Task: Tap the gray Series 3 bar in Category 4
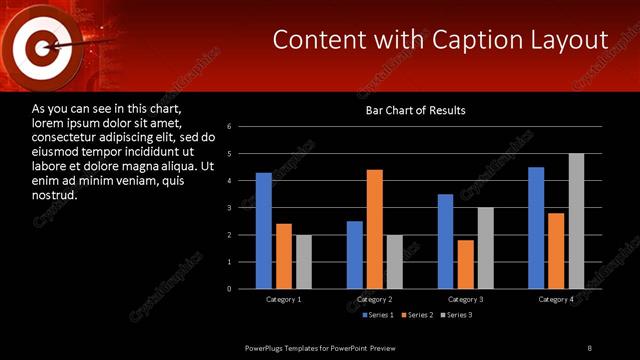point(576,221)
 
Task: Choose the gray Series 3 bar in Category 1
point(303,262)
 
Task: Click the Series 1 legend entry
point(376,315)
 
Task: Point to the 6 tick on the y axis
point(230,127)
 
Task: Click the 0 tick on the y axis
point(230,289)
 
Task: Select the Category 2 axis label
point(374,300)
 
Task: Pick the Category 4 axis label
point(556,300)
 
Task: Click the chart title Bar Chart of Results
point(415,110)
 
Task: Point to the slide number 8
point(590,347)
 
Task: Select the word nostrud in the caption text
point(54,193)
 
